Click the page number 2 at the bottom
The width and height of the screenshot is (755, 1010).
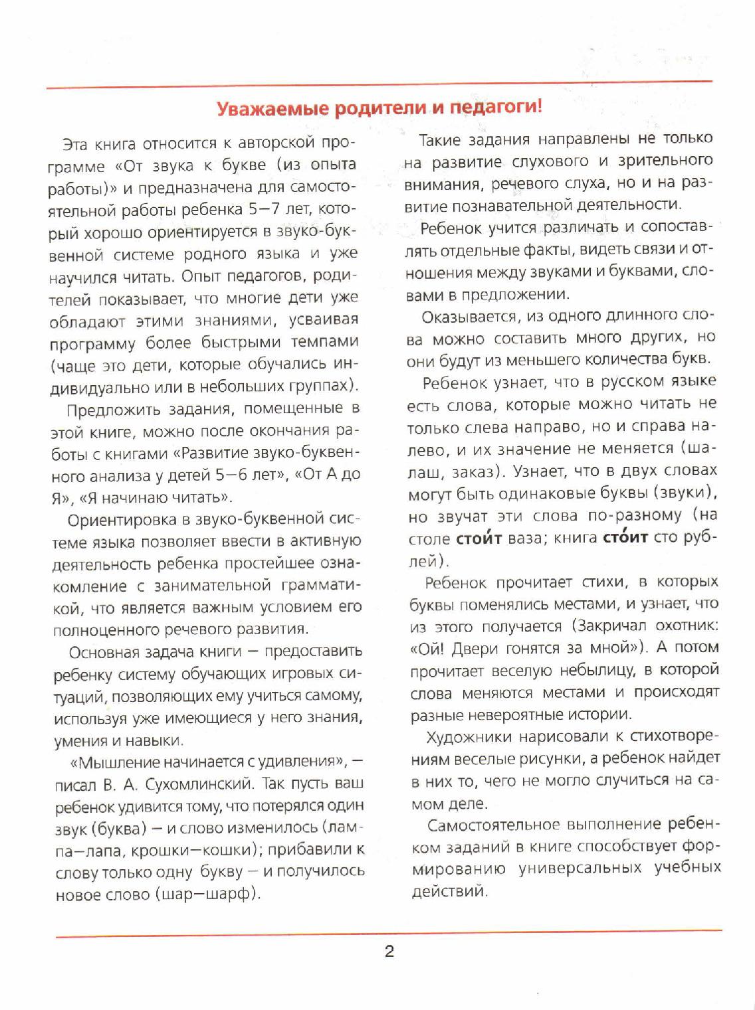[x=389, y=952]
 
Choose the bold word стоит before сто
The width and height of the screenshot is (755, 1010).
[x=624, y=537]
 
